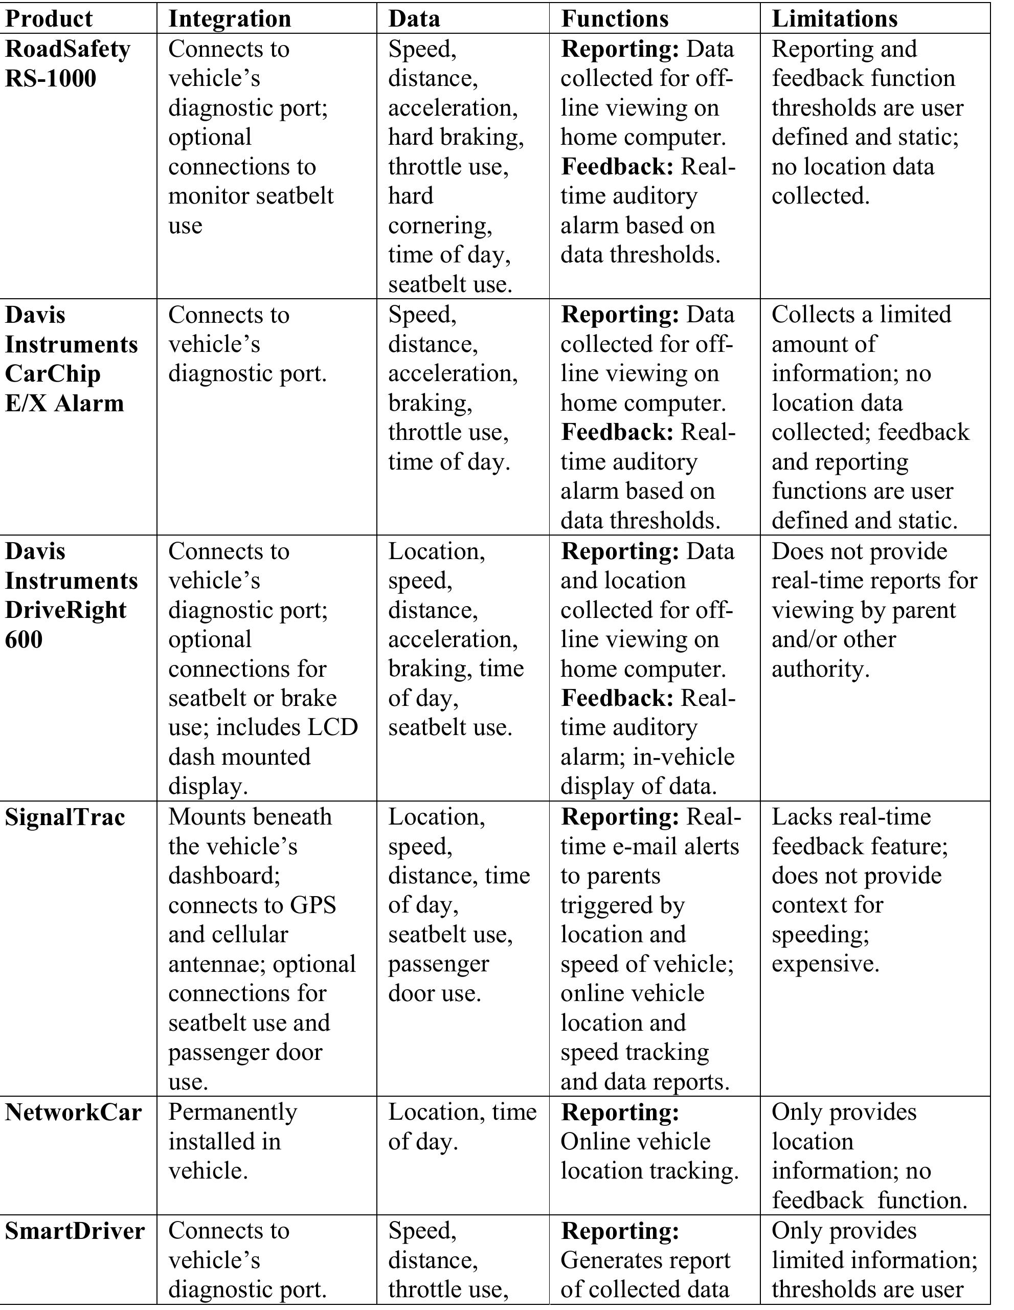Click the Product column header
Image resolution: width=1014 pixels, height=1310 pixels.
pyautogui.click(x=49, y=18)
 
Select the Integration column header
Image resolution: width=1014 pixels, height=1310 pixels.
pyautogui.click(x=230, y=18)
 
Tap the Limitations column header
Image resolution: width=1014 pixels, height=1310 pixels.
pyautogui.click(x=834, y=18)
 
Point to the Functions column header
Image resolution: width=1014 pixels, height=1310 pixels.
pyautogui.click(x=615, y=18)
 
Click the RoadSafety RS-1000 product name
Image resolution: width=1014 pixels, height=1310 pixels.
pyautogui.click(x=67, y=63)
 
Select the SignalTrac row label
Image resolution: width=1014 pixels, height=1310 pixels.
pyautogui.click(x=65, y=817)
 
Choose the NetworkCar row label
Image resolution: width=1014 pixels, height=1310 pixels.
pyautogui.click(x=73, y=1112)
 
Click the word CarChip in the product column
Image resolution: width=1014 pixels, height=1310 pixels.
pyautogui.click(x=53, y=374)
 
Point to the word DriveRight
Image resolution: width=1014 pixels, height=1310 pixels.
pyautogui.click(x=66, y=610)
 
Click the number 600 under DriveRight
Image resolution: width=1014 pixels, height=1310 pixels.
pyautogui.click(x=24, y=639)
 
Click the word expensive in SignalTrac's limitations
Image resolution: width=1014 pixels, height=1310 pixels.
pyautogui.click(x=825, y=964)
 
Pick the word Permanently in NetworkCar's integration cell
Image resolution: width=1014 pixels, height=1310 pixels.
pyautogui.click(x=233, y=1112)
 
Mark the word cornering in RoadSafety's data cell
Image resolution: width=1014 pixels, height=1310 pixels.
pyautogui.click(x=440, y=226)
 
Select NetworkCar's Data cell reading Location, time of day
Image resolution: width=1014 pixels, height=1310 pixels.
pyautogui.click(x=462, y=1126)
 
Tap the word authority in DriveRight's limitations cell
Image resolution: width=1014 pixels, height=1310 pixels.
pyautogui.click(x=820, y=669)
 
